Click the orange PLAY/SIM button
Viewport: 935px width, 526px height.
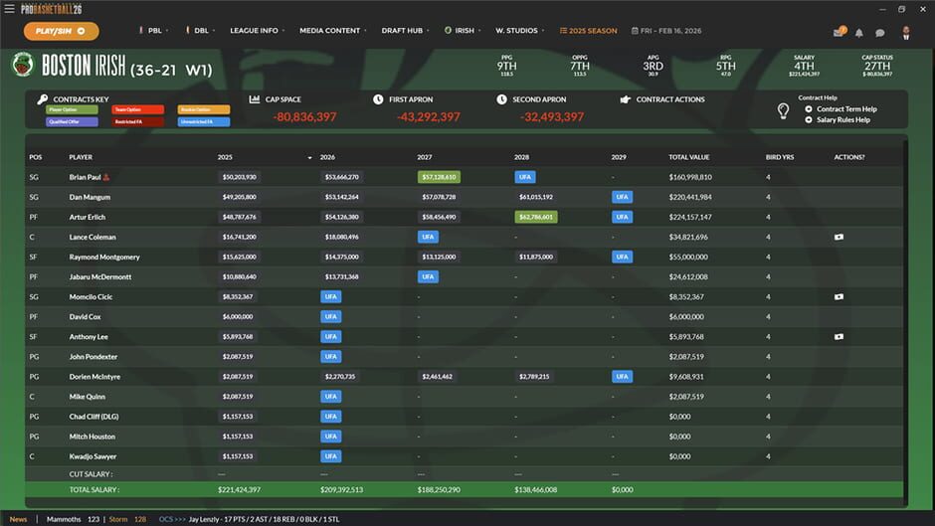click(x=61, y=31)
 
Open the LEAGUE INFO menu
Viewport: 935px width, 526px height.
click(x=254, y=31)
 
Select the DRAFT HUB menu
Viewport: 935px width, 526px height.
click(x=401, y=31)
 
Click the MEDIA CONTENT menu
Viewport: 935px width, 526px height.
click(x=329, y=31)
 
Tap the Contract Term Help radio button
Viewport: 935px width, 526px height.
click(x=809, y=109)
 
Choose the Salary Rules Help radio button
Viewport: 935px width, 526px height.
click(x=809, y=120)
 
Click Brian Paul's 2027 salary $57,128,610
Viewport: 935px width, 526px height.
click(x=439, y=177)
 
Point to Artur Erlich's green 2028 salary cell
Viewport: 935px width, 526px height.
click(x=535, y=217)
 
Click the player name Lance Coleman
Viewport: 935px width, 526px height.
click(x=93, y=237)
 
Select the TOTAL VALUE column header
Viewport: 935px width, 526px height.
click(x=689, y=157)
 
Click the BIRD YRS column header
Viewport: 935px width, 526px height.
click(x=779, y=157)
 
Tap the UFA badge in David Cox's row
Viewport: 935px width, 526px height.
click(x=330, y=316)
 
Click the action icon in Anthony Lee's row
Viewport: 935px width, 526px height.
click(x=839, y=336)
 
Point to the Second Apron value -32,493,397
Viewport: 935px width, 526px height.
click(x=552, y=117)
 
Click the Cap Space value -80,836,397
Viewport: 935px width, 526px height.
click(x=304, y=117)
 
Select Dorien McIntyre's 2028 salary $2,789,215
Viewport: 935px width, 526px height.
click(x=535, y=377)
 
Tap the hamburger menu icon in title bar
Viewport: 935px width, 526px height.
click(x=9, y=9)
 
